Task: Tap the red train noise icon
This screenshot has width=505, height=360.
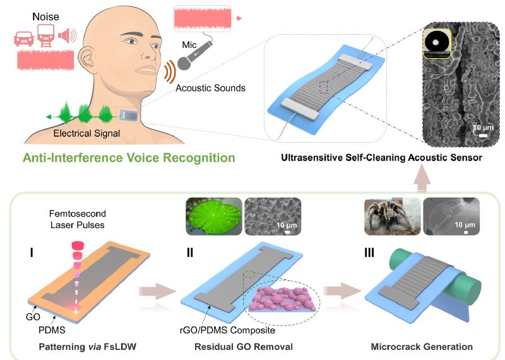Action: (x=45, y=35)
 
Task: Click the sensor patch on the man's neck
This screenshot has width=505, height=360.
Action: (x=127, y=116)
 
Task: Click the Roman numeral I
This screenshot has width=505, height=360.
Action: (x=31, y=254)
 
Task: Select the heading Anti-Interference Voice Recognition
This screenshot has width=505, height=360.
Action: (x=128, y=157)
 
